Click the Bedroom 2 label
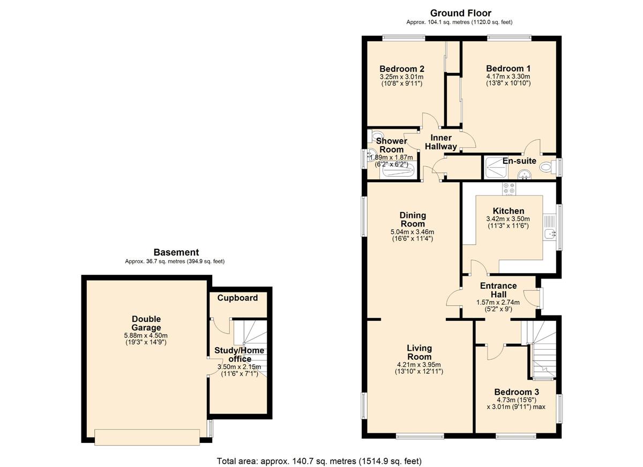click(x=401, y=69)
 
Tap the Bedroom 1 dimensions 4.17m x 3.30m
click(x=508, y=77)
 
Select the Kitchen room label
click(x=509, y=211)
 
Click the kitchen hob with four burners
click(x=509, y=189)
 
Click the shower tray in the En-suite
click(x=496, y=168)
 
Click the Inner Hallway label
click(x=440, y=142)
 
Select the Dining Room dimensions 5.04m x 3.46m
click(x=413, y=232)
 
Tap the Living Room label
click(x=420, y=352)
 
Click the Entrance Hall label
click(x=498, y=290)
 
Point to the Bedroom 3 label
click(x=517, y=392)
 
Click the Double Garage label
click(x=146, y=323)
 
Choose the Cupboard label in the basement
click(x=237, y=298)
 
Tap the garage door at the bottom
click(x=147, y=437)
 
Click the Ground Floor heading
click(x=461, y=13)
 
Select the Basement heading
click(x=176, y=252)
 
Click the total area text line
click(x=319, y=461)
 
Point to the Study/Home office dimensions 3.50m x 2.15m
click(x=239, y=367)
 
